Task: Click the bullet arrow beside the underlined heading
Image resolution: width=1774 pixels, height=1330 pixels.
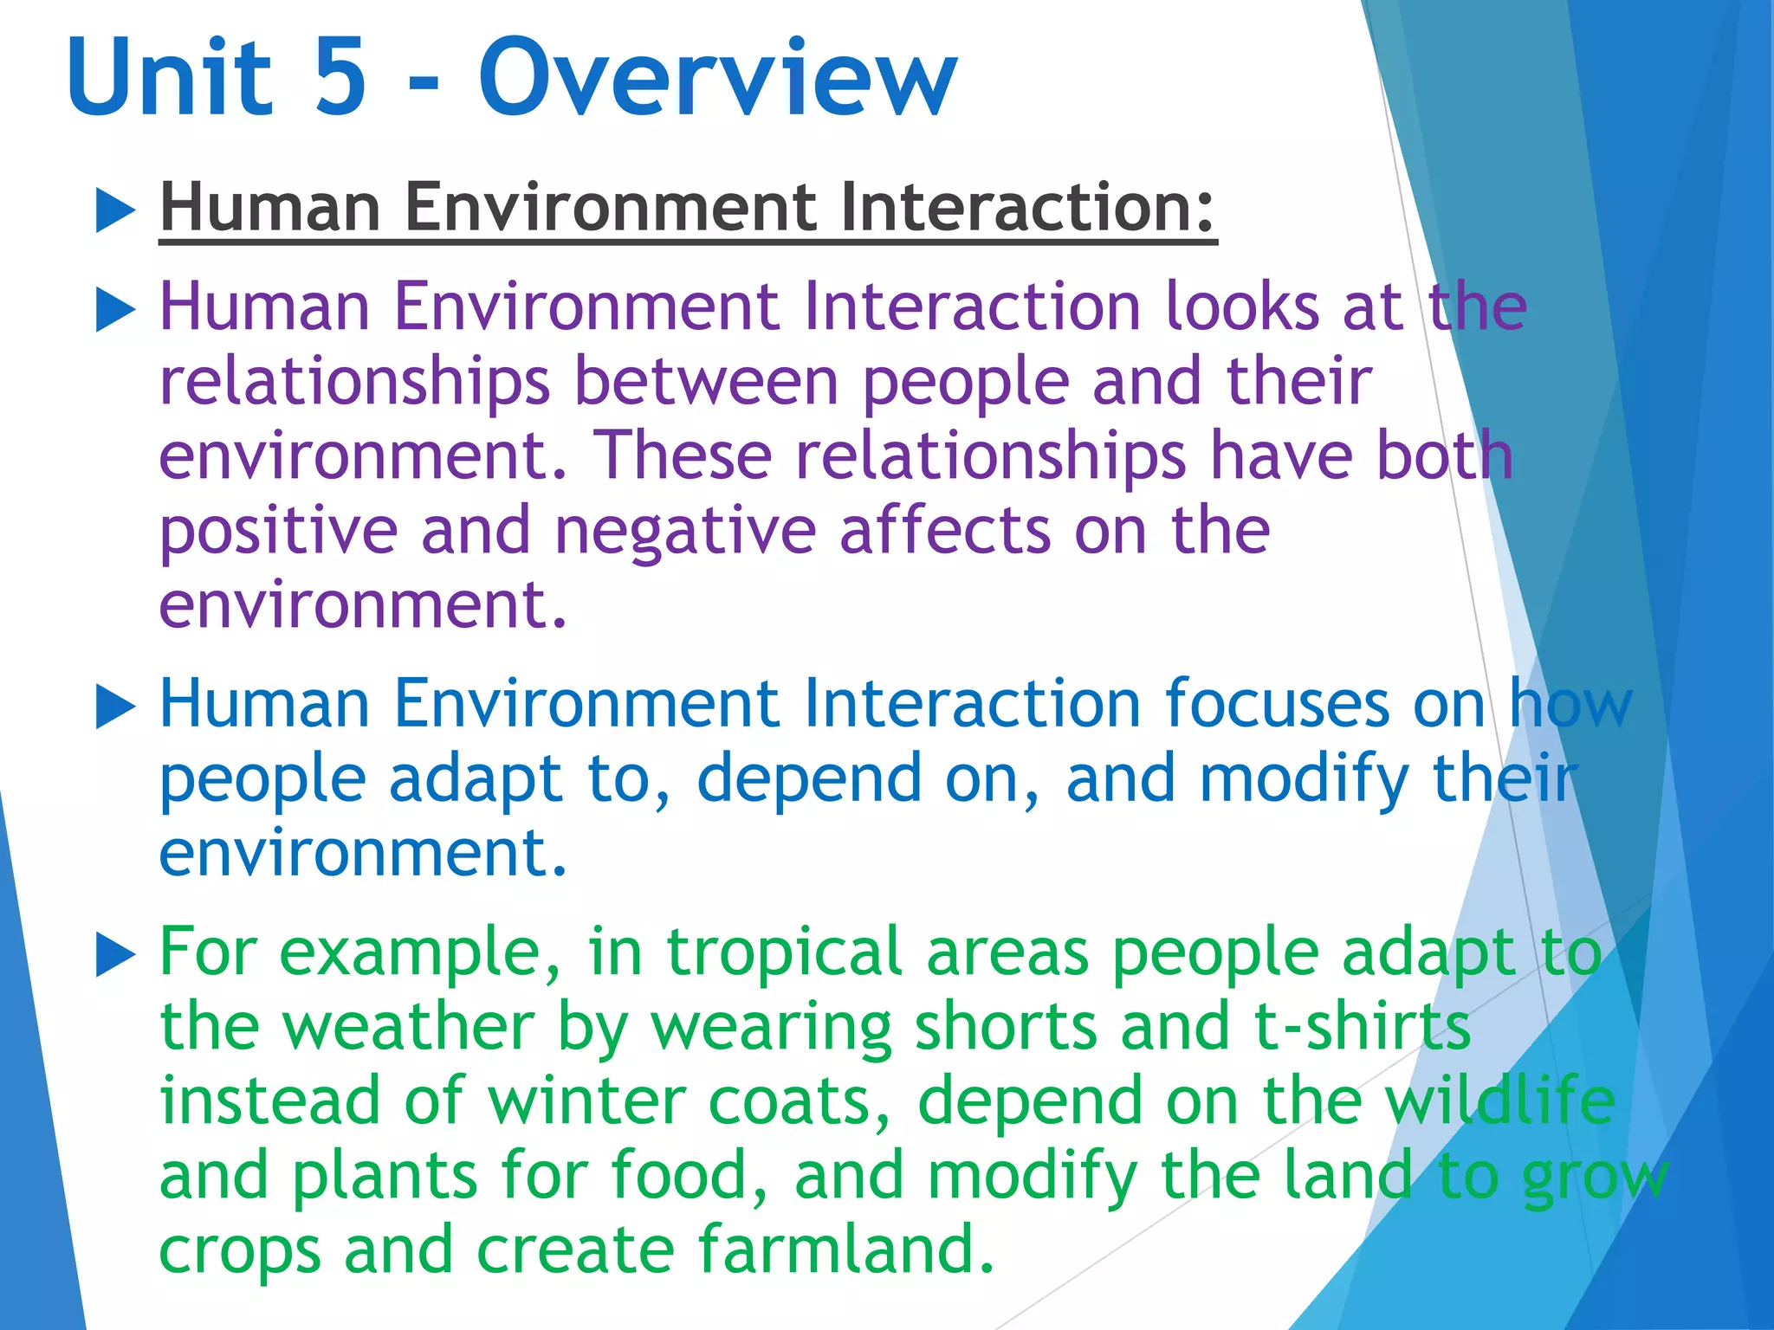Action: pos(115,211)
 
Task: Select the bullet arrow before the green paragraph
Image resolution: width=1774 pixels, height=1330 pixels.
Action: pos(115,955)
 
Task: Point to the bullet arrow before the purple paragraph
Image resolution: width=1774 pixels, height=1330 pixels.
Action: pos(115,310)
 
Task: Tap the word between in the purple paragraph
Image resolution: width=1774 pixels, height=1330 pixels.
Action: pos(705,381)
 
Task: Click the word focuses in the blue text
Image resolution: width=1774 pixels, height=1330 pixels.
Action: pos(1277,703)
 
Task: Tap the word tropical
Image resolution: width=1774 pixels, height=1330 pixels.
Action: pos(784,952)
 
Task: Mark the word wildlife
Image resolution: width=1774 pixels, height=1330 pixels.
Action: pos(1499,1101)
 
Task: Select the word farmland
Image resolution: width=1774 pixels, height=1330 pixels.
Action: pos(845,1249)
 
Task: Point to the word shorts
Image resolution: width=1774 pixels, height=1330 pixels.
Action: pos(1006,1027)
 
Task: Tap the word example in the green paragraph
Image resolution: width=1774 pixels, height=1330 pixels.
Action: pos(419,952)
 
